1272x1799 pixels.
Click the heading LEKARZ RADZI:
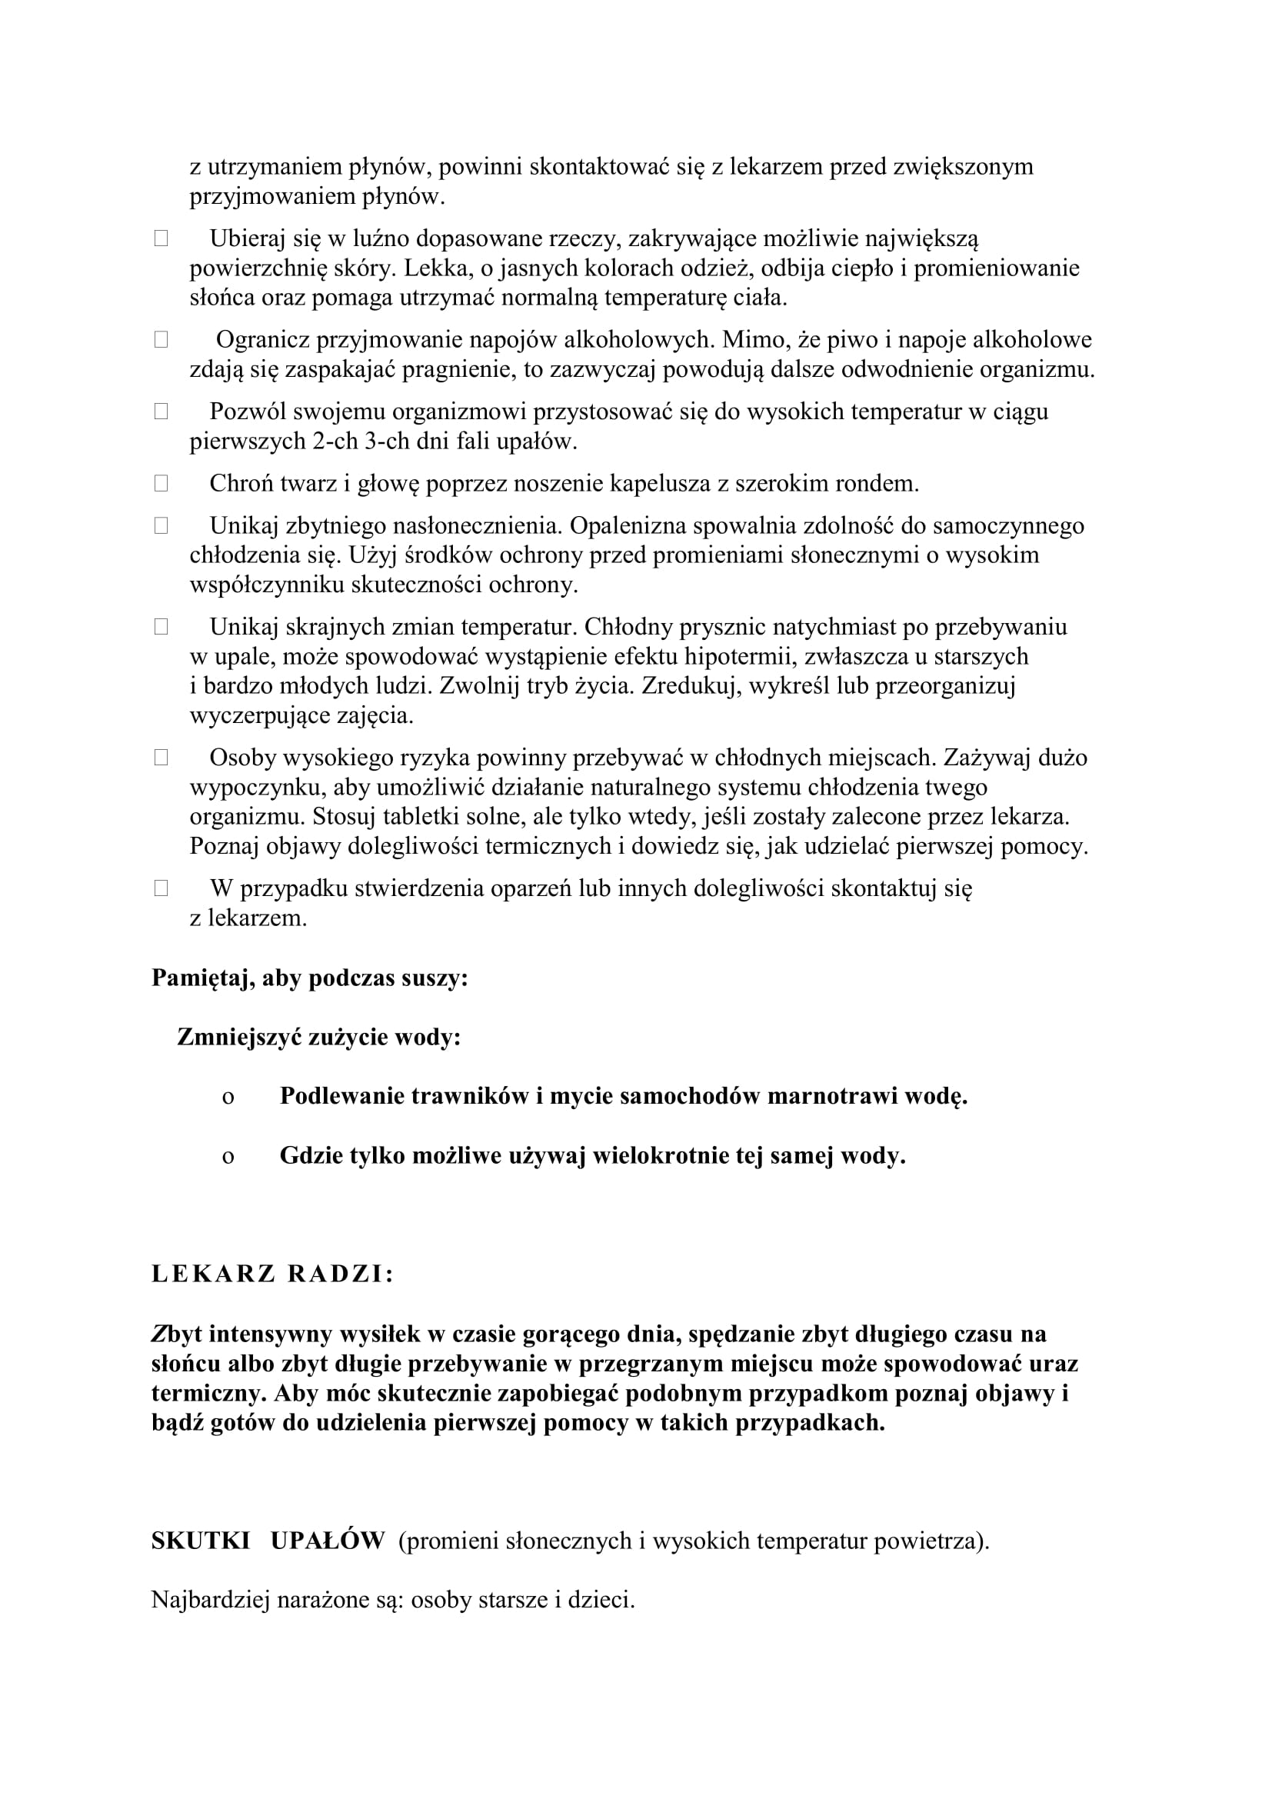(x=271, y=1274)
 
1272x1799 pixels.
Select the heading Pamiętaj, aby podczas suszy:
(x=309, y=978)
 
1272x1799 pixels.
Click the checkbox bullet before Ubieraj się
(x=161, y=239)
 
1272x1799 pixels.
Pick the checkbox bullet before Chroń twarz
(x=161, y=485)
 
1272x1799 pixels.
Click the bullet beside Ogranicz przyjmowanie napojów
(x=161, y=340)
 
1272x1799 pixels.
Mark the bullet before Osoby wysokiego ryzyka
(x=161, y=758)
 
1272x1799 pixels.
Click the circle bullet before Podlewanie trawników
(x=228, y=1098)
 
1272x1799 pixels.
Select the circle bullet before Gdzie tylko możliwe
(x=228, y=1157)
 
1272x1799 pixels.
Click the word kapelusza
(x=660, y=484)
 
